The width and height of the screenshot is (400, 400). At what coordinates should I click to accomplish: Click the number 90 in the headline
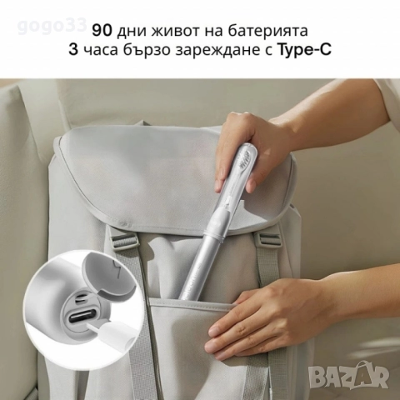click(x=102, y=31)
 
